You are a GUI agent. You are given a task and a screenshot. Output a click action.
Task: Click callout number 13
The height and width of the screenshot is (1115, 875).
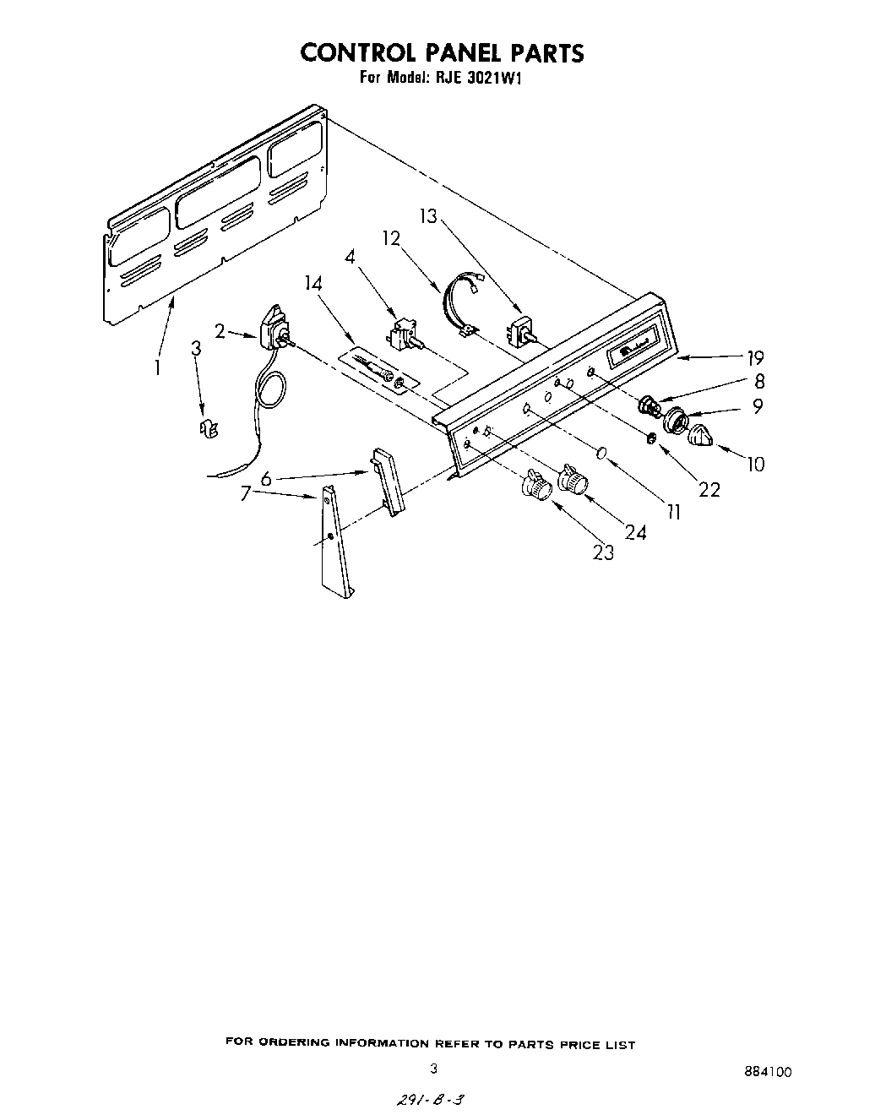429,216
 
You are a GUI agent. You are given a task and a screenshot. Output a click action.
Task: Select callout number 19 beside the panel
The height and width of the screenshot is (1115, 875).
754,356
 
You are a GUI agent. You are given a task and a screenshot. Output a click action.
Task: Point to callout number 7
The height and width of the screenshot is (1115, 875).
246,493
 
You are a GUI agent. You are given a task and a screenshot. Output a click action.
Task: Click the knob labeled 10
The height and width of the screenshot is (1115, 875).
702,437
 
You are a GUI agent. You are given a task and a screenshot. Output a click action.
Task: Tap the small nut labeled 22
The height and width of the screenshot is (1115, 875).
651,438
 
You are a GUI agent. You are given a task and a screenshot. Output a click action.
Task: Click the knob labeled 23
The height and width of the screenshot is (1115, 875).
535,486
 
